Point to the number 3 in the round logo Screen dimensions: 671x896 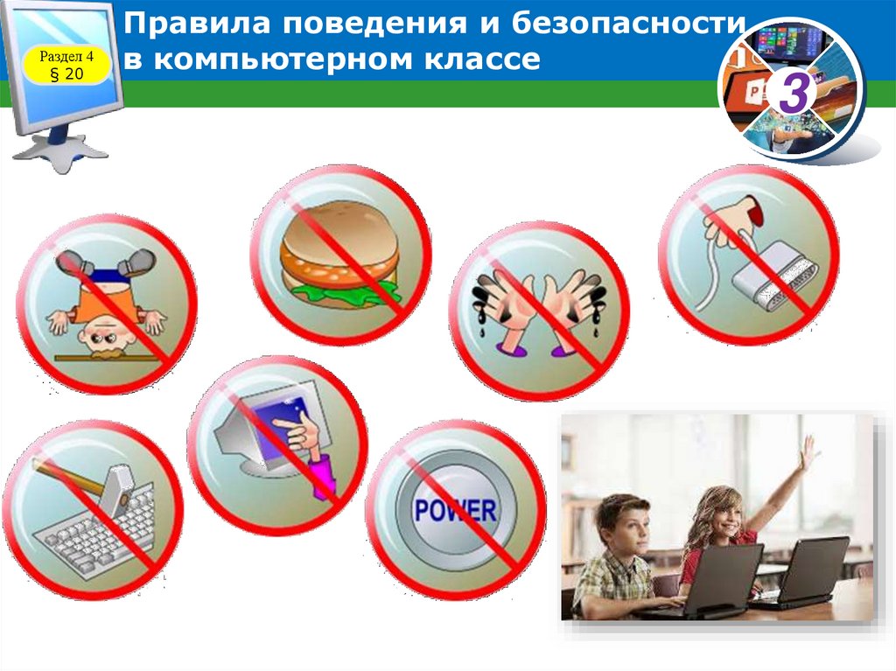[x=792, y=94]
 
